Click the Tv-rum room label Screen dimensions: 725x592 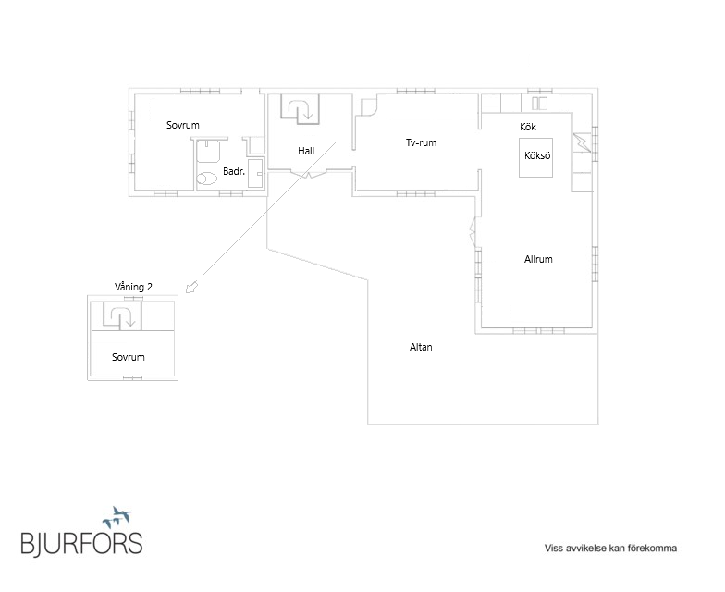421,142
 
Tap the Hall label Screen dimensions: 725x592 306,151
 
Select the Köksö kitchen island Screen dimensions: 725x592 536,157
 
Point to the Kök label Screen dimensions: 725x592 527,127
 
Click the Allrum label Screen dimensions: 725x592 538,259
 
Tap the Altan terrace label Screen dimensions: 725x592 421,347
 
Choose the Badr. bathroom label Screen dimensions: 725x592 234,171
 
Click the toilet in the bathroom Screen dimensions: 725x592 207,179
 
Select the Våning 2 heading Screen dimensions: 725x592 133,287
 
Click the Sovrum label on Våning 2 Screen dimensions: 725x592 128,357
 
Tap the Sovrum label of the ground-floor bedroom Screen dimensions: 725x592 183,125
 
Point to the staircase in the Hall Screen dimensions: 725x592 300,109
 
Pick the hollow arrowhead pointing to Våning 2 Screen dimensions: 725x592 190,287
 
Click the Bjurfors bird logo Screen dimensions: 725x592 117,517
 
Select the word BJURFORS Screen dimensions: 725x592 81,543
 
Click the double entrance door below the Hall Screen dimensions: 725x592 309,174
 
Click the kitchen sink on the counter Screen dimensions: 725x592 539,104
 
